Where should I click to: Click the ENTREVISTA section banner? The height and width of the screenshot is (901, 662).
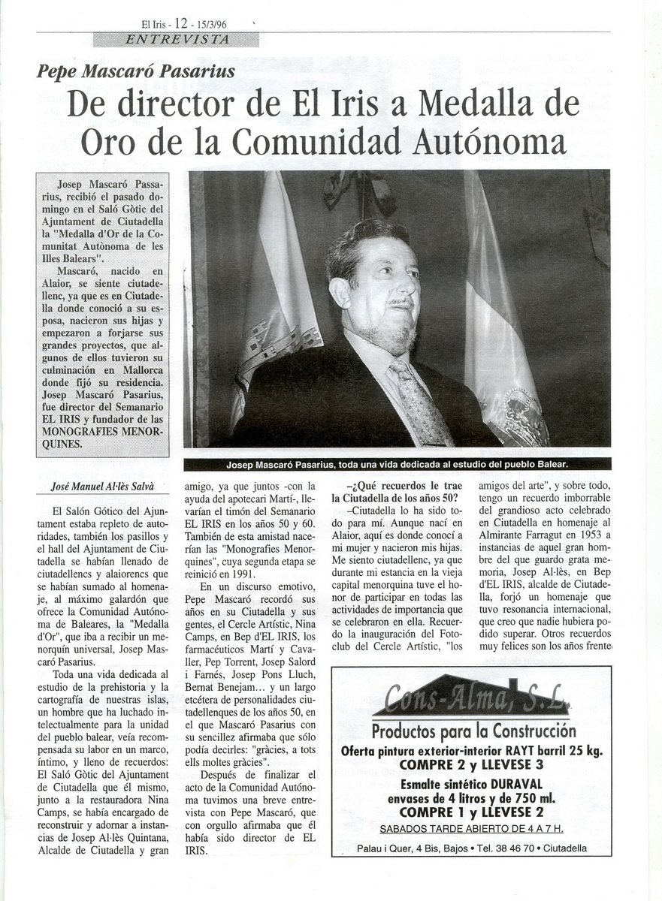(176, 39)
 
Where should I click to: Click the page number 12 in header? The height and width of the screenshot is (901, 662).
(180, 23)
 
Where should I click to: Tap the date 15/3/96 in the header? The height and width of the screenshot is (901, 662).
(216, 24)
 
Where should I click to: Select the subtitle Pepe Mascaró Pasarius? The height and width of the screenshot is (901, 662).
(136, 72)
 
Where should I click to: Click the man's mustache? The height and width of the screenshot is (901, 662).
(401, 303)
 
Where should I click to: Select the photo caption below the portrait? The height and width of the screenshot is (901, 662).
(397, 465)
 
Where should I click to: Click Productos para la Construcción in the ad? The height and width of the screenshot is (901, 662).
(473, 731)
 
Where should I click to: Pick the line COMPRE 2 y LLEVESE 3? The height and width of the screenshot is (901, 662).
(471, 764)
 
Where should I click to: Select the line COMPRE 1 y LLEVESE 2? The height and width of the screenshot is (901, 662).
(471, 812)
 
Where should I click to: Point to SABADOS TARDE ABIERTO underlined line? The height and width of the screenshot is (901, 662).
(471, 829)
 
